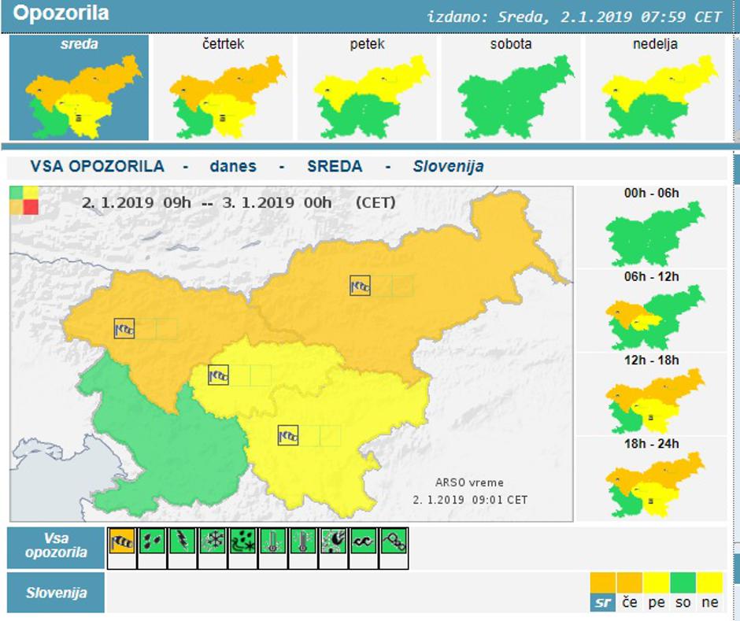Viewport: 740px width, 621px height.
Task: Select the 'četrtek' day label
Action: (x=223, y=44)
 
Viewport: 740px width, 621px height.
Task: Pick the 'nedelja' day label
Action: (x=655, y=44)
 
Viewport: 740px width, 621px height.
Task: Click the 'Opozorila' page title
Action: (x=61, y=13)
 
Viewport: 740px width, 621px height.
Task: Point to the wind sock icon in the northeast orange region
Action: (x=360, y=286)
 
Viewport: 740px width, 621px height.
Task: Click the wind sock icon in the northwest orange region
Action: (x=124, y=328)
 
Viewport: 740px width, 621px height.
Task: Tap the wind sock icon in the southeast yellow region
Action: (x=288, y=435)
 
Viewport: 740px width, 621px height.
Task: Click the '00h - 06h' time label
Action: (x=651, y=193)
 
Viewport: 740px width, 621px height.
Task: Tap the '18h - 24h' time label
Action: (x=651, y=444)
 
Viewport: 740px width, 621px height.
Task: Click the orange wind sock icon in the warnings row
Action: (x=122, y=542)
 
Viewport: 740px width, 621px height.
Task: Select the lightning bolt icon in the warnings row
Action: (x=183, y=542)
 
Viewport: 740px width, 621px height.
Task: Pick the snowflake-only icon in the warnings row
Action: (x=213, y=542)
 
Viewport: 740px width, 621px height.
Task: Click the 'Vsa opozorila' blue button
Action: (x=56, y=547)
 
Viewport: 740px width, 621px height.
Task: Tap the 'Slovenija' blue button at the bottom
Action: (x=56, y=593)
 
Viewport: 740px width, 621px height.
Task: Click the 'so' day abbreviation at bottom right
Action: (x=682, y=602)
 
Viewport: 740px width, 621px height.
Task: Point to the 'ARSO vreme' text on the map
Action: (x=469, y=482)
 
